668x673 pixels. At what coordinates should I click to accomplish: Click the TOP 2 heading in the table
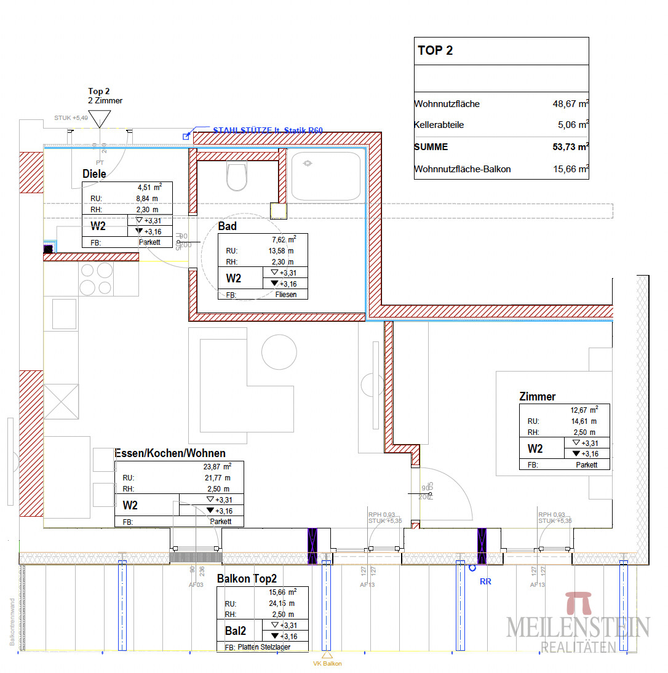435,51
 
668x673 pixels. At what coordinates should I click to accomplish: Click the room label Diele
94,174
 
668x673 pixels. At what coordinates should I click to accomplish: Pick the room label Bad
227,226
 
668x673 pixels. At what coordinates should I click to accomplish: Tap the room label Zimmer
537,397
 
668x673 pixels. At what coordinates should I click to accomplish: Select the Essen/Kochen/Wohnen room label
170,453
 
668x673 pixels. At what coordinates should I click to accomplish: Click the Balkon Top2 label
247,579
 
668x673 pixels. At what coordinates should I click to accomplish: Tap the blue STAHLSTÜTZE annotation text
268,130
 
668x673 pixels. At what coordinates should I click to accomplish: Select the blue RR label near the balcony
485,581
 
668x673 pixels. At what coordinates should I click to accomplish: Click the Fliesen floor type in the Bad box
286,295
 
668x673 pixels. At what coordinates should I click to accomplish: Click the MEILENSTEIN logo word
578,627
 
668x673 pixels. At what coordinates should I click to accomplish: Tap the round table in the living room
279,352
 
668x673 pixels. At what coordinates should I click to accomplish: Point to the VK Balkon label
327,664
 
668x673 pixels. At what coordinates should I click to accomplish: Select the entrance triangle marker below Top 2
98,117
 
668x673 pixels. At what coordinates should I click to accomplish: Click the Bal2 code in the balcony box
236,631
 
